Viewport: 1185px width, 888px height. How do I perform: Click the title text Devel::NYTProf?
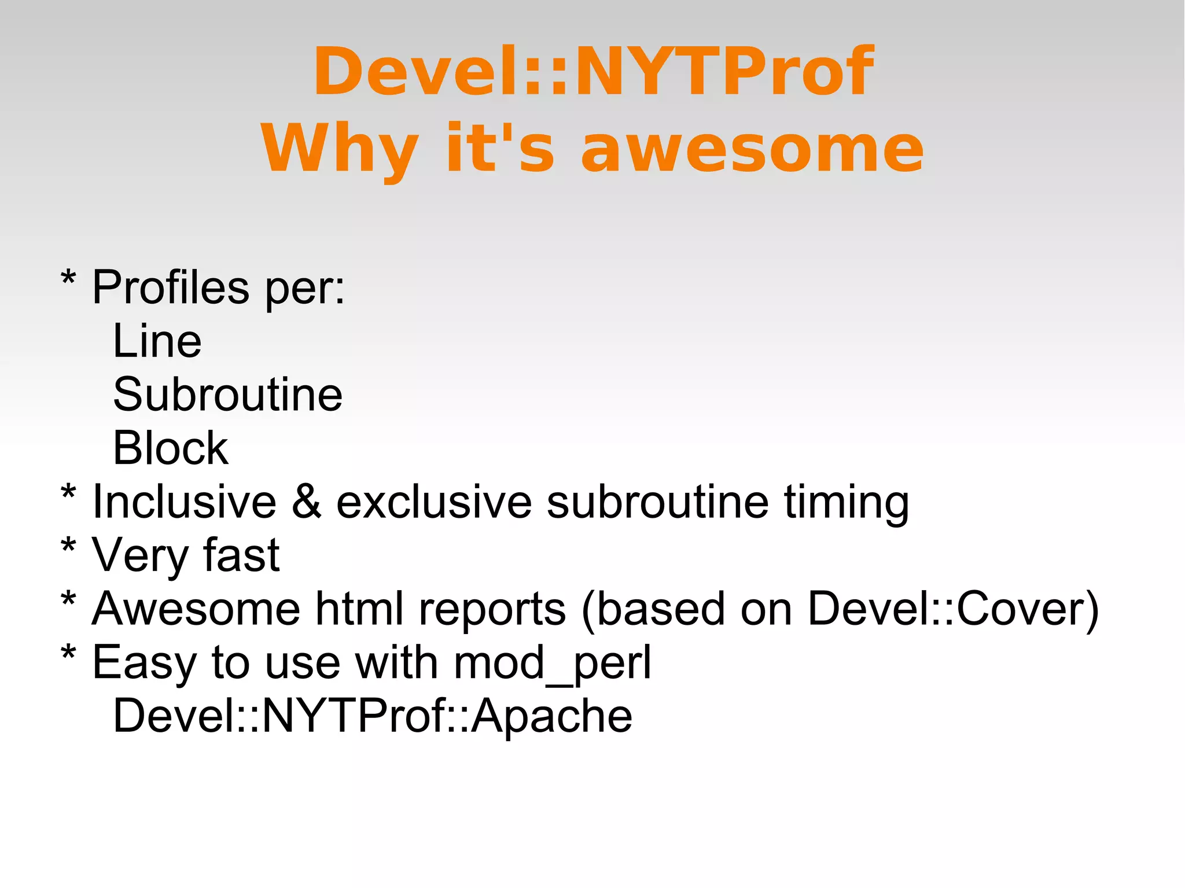(x=594, y=71)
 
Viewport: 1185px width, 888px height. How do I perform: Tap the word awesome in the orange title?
(x=752, y=149)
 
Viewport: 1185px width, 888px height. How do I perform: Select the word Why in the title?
(x=340, y=149)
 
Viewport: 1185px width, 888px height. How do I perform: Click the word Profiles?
(x=171, y=288)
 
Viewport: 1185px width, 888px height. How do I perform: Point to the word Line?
(x=157, y=341)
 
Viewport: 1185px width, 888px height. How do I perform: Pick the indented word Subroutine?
(x=228, y=395)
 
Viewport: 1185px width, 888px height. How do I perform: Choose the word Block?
(x=171, y=448)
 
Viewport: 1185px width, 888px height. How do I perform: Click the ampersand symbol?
(x=307, y=502)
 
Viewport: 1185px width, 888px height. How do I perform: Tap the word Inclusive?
(x=185, y=502)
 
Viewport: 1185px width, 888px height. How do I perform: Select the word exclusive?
(x=434, y=502)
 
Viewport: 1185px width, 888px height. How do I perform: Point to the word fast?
(x=241, y=555)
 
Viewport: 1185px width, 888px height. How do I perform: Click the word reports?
(x=492, y=610)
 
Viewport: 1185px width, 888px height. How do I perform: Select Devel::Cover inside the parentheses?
(x=948, y=609)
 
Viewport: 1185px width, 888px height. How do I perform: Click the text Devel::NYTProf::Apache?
(x=373, y=716)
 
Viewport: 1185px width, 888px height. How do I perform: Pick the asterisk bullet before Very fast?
(x=68, y=547)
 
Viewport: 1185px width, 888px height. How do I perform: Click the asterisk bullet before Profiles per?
(x=68, y=279)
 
